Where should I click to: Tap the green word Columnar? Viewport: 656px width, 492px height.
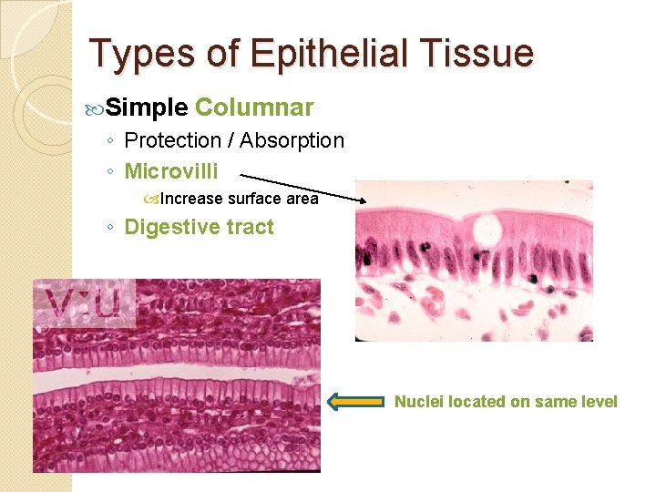point(254,108)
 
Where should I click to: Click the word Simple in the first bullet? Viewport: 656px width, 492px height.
point(147,108)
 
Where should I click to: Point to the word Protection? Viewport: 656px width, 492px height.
point(172,140)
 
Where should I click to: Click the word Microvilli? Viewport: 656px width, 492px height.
point(170,170)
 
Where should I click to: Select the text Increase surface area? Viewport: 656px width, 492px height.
point(238,199)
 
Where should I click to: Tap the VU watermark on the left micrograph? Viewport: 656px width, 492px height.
point(84,304)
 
